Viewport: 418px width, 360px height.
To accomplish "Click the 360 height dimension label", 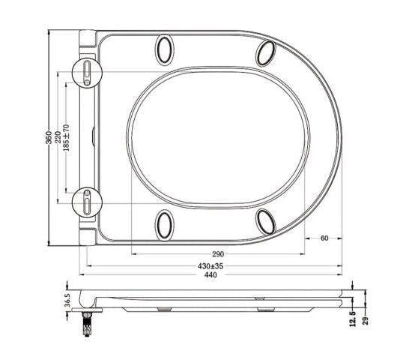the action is (x=49, y=137).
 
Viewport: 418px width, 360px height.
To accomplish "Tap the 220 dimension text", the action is (x=58, y=137).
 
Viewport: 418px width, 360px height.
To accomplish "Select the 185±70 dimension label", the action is (x=67, y=138).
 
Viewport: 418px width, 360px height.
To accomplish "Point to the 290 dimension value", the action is (x=218, y=254).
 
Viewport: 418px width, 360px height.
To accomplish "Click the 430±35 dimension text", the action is (x=210, y=266).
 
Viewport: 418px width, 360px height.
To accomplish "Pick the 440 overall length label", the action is (x=210, y=274).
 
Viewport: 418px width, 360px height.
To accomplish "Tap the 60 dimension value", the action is (x=324, y=238).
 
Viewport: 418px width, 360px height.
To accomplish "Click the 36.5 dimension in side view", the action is (x=67, y=300).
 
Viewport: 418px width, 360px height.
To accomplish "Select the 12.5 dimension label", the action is (x=353, y=319).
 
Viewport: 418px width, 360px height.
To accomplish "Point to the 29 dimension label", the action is (x=366, y=320).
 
